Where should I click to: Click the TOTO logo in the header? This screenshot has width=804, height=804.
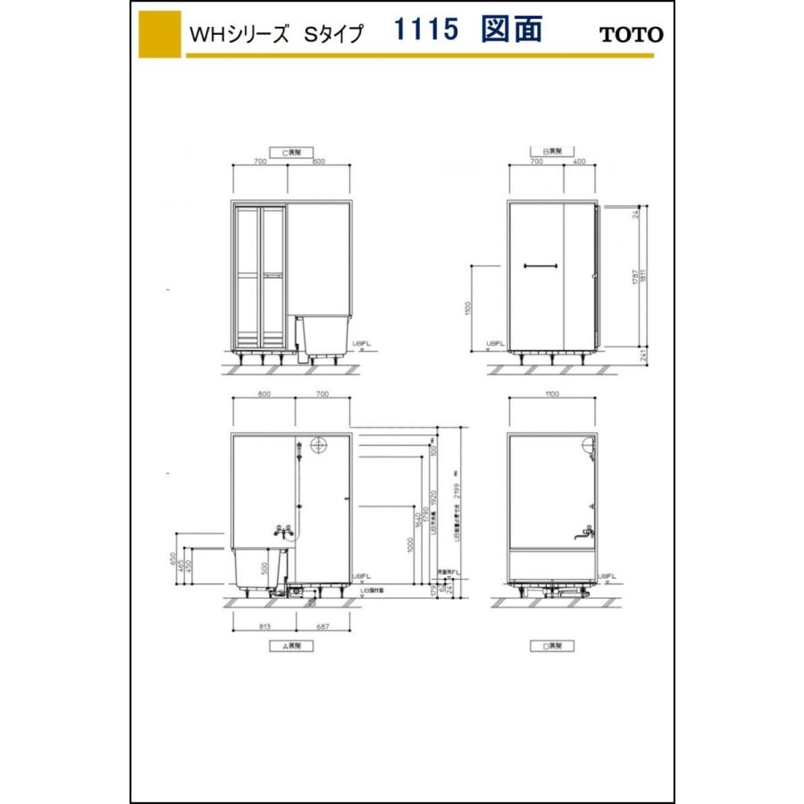click(631, 35)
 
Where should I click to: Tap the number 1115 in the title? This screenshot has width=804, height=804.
click(426, 30)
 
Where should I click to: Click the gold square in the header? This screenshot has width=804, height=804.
click(160, 35)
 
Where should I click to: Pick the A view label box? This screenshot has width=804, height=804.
click(290, 645)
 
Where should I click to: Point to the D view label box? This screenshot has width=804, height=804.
click(553, 645)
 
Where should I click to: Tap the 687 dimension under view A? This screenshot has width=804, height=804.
click(323, 626)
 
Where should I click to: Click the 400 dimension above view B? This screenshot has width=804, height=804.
click(579, 163)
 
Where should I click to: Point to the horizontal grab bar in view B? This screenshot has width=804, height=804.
click(541, 264)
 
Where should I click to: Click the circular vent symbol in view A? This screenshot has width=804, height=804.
click(318, 444)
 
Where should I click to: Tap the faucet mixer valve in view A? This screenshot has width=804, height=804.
click(287, 531)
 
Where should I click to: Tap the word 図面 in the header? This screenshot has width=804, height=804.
click(511, 30)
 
